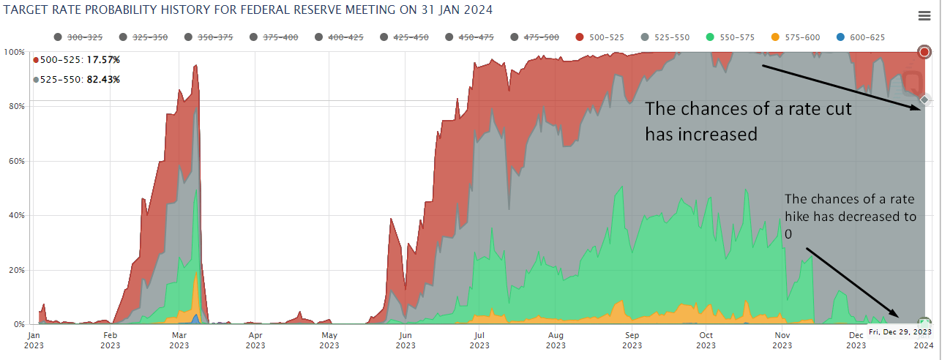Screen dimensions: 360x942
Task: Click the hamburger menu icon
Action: [x=924, y=16]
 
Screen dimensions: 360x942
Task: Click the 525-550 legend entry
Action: [x=670, y=37]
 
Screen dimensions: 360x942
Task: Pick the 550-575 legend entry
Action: [x=735, y=37]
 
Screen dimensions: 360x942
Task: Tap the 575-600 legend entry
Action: [x=801, y=37]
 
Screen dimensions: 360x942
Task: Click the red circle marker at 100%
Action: [x=924, y=51]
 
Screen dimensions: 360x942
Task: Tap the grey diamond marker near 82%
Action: [x=924, y=100]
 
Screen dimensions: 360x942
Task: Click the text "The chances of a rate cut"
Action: [x=749, y=109]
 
